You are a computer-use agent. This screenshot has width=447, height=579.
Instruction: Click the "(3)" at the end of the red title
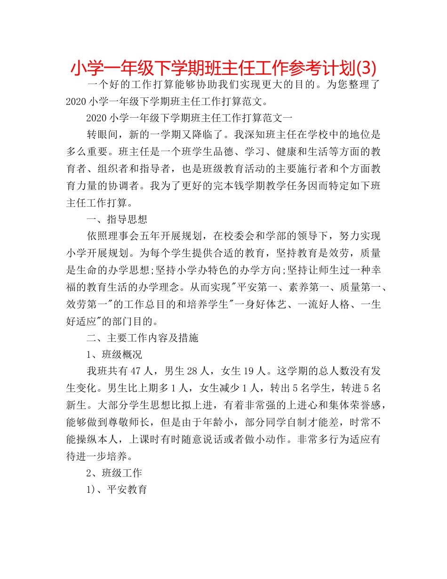pos(365,69)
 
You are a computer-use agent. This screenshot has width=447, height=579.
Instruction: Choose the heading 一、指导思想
pos(117,218)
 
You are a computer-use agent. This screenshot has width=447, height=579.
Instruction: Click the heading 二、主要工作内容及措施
pos(143,338)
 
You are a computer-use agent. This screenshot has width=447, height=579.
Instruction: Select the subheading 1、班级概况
pos(114,354)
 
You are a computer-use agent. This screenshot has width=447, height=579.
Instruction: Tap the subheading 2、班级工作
pos(114,473)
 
